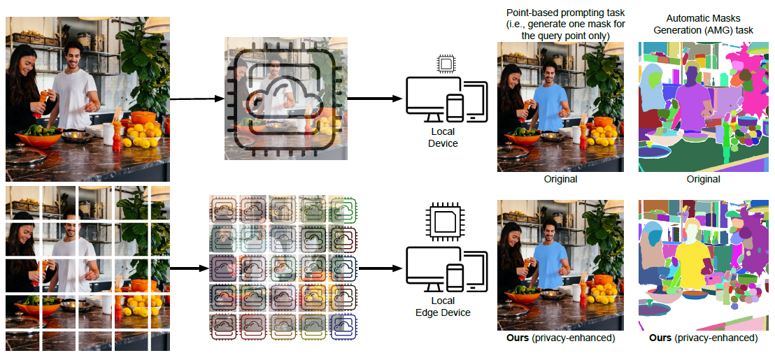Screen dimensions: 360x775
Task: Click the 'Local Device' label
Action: [442, 138]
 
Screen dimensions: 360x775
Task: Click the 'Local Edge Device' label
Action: [442, 307]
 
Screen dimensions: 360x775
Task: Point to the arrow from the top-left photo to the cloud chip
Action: [196, 99]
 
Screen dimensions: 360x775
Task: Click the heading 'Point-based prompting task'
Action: [560, 13]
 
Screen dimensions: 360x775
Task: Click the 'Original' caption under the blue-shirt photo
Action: [560, 179]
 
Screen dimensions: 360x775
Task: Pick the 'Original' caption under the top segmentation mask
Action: [703, 179]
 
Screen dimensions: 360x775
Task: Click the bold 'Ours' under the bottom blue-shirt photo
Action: [517, 338]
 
